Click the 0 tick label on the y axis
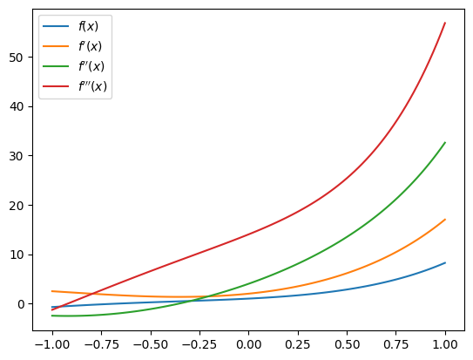point(21,304)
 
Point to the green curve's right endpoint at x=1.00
point(445,143)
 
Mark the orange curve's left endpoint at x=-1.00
point(52,291)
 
